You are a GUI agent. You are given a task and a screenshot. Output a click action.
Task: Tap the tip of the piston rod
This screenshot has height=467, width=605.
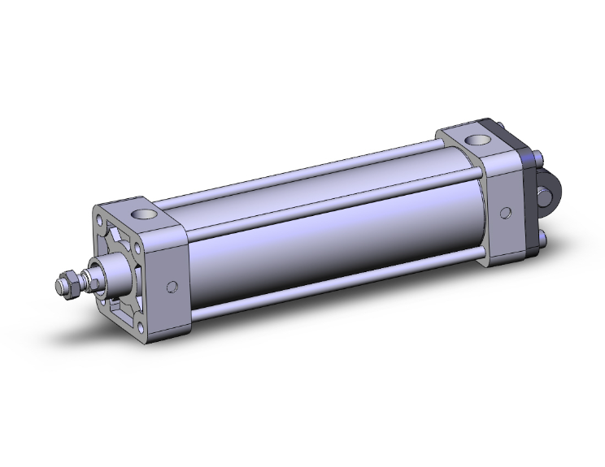point(59,287)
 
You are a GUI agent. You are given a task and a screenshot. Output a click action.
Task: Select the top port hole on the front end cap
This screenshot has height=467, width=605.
point(147,215)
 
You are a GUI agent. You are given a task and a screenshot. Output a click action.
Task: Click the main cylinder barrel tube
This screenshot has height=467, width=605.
point(325,236)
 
